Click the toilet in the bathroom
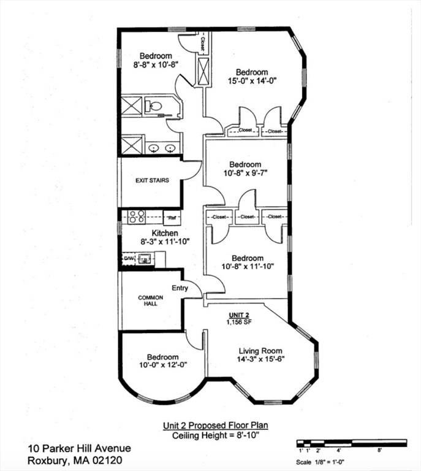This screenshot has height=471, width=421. tap(154, 105)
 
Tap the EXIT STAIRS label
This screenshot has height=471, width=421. tap(152, 180)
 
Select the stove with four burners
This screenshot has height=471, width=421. tap(137, 216)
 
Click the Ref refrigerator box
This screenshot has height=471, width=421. tap(172, 218)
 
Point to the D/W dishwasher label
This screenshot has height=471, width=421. tap(128, 258)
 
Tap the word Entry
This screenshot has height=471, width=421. tap(180, 288)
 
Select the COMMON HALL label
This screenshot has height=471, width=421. tap(150, 301)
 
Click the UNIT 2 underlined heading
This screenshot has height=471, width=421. tap(239, 315)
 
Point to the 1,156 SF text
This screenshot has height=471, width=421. tap(239, 322)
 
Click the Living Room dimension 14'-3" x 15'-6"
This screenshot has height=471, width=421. tap(260, 359)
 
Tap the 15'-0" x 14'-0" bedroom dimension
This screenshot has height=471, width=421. tap(252, 80)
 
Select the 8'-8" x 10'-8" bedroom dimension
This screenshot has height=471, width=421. tap(156, 64)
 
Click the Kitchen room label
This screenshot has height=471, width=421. tap(165, 233)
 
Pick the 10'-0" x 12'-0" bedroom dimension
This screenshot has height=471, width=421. tap(163, 365)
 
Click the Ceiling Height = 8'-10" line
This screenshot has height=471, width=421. tap(216, 435)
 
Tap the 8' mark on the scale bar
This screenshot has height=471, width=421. tap(379, 450)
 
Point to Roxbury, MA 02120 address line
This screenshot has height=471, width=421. tap(75, 460)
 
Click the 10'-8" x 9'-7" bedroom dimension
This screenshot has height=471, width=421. tap(246, 173)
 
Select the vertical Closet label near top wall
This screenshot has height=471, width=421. tap(203, 44)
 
